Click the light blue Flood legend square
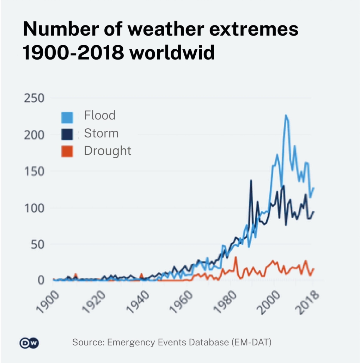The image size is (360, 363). tap(67, 117)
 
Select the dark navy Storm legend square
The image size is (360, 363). tap(67, 134)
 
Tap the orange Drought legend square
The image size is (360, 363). tap(67, 152)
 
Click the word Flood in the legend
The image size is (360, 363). tap(100, 115)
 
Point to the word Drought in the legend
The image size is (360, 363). tap(108, 151)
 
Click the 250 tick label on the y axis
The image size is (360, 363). tap(33, 98)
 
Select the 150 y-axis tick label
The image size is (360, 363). tap(33, 171)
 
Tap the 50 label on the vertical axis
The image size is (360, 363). tap(37, 244)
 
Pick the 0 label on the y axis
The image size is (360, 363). tap(41, 280)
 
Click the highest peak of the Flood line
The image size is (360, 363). tap(286, 115)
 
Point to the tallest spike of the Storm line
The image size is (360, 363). tap(251, 180)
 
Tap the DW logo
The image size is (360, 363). tap(29, 343)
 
